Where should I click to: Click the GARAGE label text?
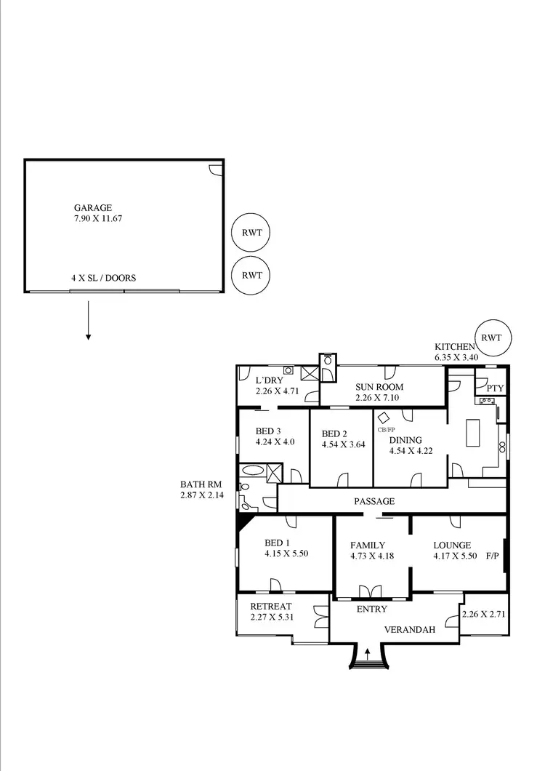tap(92, 207)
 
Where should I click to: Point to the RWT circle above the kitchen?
tap(492, 337)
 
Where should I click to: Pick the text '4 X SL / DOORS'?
tap(103, 278)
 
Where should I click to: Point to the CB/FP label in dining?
tap(386, 429)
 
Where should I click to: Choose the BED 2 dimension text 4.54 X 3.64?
tap(344, 446)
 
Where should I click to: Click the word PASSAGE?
tap(374, 501)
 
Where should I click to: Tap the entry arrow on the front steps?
tap(367, 653)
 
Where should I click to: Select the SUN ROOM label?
tap(379, 387)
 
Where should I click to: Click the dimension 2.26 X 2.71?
tap(484, 613)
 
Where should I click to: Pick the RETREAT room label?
tap(270, 607)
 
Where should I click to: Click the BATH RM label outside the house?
tap(201, 484)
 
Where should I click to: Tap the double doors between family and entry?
tap(371, 590)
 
